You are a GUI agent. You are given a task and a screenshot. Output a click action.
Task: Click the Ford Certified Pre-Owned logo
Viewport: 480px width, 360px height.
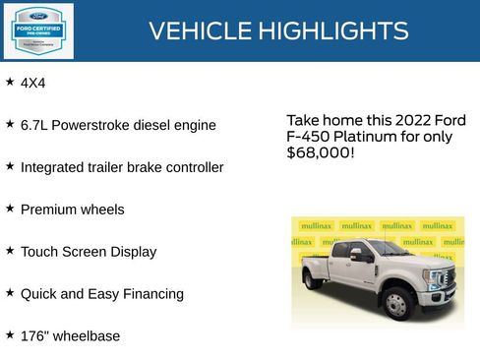[x=36, y=30]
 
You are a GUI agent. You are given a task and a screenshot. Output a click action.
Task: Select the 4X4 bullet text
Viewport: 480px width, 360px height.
[x=33, y=84]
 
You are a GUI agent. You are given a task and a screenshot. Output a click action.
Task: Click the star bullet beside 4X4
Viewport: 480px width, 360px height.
[x=10, y=83]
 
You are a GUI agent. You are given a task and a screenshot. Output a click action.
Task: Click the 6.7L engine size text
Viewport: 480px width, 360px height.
[x=35, y=126]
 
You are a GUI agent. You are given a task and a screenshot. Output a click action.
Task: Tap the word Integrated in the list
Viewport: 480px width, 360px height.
[x=53, y=168]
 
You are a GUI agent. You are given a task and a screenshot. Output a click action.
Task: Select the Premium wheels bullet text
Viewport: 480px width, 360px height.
[x=72, y=210]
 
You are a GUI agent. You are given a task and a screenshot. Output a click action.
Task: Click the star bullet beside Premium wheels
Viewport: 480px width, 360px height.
[x=10, y=209]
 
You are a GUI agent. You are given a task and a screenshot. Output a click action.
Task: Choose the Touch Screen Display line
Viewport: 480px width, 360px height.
[x=88, y=252]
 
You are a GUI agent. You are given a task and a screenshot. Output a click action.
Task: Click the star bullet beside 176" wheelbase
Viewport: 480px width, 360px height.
[x=10, y=335]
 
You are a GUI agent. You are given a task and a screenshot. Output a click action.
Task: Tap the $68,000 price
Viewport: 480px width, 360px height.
[x=320, y=153]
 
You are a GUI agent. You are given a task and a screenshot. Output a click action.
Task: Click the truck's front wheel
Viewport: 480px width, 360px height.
[x=397, y=305]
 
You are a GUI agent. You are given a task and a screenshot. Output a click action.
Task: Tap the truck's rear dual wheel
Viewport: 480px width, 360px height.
[x=311, y=279]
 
